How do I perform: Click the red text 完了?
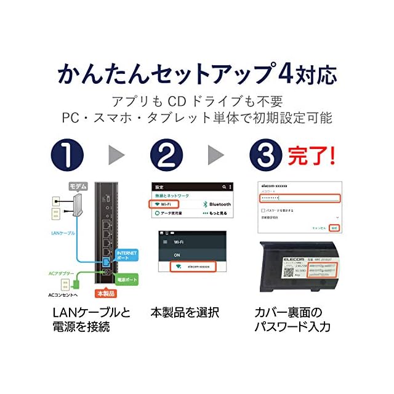[313, 155]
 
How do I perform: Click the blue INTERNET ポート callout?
[127, 254]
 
